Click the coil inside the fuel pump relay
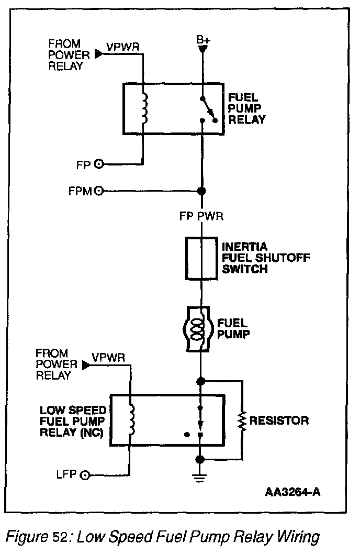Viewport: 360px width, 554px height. (x=145, y=109)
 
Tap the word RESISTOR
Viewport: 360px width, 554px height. (x=279, y=420)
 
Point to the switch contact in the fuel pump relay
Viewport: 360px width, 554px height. (x=208, y=109)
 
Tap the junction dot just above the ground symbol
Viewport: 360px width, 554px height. (x=199, y=459)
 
